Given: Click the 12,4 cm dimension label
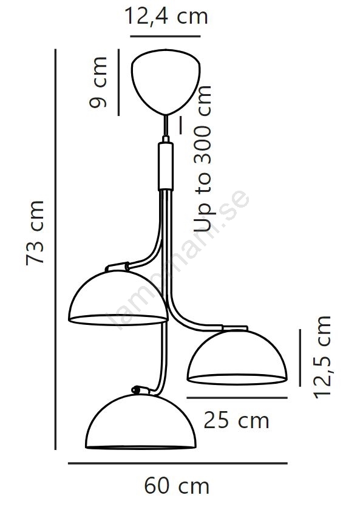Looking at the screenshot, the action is [166, 16].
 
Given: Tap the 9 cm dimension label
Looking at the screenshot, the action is [98, 82].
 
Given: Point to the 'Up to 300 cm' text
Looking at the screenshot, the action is [202, 158].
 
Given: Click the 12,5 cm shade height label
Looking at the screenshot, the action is [322, 357].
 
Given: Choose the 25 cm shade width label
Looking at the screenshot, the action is [237, 420].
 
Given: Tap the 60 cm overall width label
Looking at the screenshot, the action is [177, 486].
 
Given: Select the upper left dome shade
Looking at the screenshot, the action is [118, 297].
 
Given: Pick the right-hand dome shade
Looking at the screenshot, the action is [237, 358].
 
